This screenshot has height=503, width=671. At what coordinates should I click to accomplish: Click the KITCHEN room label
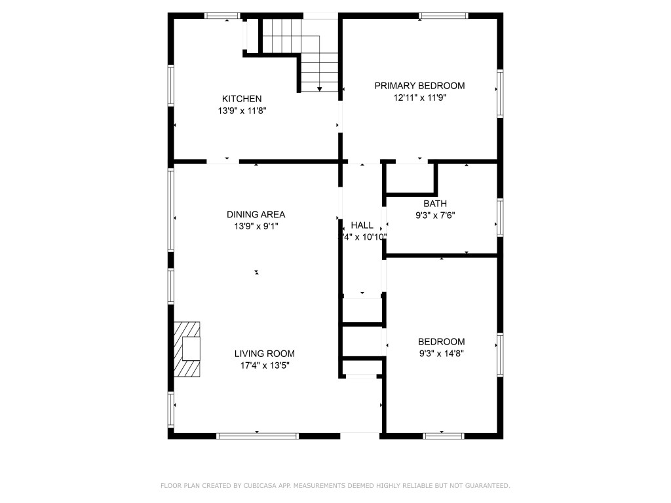pyautogui.click(x=242, y=99)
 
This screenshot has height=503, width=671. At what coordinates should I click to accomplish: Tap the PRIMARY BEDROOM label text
pyautogui.click(x=419, y=86)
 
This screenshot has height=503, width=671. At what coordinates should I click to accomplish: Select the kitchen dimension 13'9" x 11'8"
pyautogui.click(x=242, y=111)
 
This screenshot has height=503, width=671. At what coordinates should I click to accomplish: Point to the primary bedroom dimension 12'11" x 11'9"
pyautogui.click(x=419, y=98)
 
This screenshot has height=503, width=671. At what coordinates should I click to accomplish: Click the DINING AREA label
pyautogui.click(x=256, y=214)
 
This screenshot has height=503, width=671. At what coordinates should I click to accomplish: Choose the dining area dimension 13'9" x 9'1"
pyautogui.click(x=256, y=227)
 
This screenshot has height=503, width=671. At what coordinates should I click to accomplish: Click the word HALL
pyautogui.click(x=362, y=225)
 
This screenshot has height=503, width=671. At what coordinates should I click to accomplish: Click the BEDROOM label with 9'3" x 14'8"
pyautogui.click(x=442, y=342)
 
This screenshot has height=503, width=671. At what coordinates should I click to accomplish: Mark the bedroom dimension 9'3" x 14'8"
pyautogui.click(x=442, y=354)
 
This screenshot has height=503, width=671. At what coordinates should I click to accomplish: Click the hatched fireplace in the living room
pyautogui.click(x=187, y=348)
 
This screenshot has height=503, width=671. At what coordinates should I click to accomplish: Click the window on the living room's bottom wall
pyautogui.click(x=258, y=435)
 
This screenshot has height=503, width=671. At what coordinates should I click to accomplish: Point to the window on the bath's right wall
pyautogui.click(x=500, y=217)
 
